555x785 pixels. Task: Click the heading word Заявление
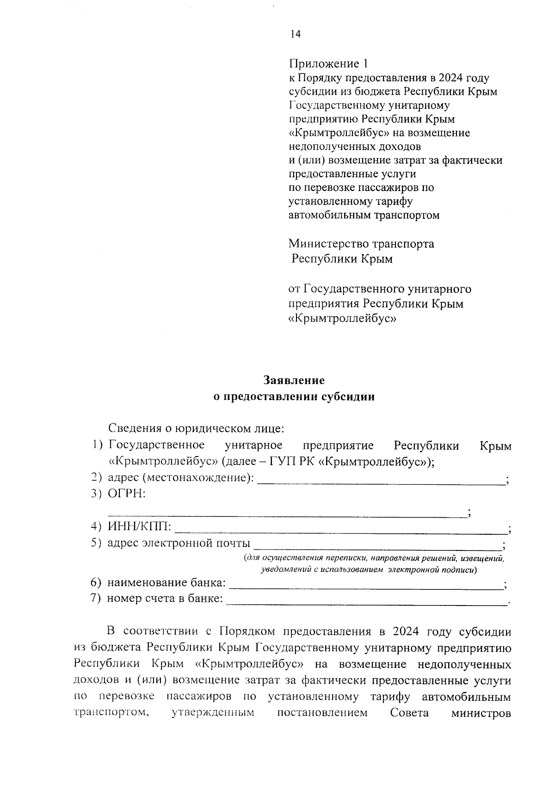tap(294, 380)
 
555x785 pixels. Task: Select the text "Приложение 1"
tap(330, 63)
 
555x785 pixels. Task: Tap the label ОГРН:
tap(127, 494)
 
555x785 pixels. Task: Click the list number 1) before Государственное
tap(97, 445)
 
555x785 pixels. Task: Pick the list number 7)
tap(96, 598)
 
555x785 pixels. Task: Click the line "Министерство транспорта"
tap(361, 243)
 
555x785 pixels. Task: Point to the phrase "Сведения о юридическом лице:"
tap(196, 428)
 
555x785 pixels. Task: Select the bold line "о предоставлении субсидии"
tap(294, 396)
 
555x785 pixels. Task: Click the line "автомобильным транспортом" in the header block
tap(364, 215)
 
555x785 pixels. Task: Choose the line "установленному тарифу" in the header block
tap(351, 201)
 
